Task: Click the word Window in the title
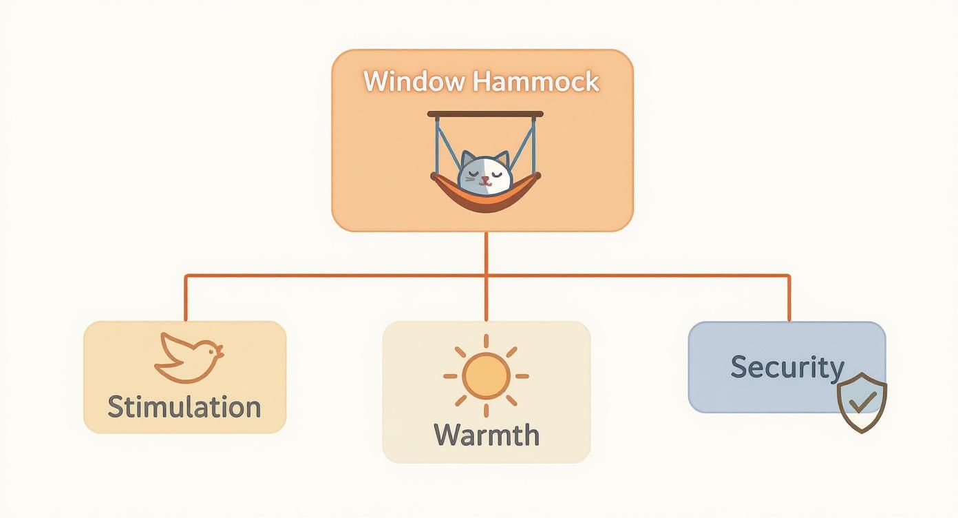click(x=414, y=82)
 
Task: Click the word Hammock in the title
click(x=536, y=82)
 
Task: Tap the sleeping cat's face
click(x=485, y=174)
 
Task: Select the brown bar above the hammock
click(x=485, y=114)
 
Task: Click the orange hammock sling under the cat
click(x=485, y=199)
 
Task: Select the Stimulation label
click(x=184, y=406)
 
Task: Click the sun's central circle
click(x=486, y=376)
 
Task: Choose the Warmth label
click(x=487, y=435)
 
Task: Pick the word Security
click(x=787, y=366)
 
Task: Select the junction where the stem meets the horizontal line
click(x=486, y=276)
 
